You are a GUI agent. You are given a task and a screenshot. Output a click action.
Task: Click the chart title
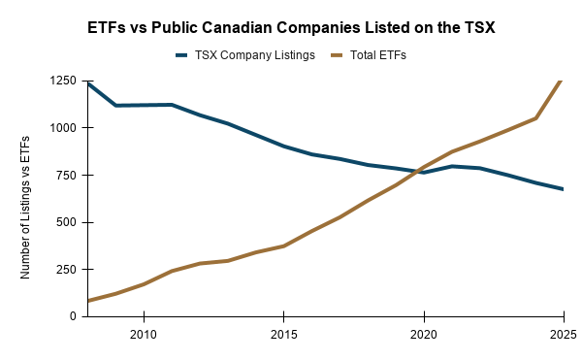291,28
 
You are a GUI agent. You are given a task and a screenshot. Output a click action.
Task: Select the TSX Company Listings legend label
255,55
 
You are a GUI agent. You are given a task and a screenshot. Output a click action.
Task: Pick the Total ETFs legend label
378,55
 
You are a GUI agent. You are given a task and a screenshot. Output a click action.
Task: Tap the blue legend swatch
181,55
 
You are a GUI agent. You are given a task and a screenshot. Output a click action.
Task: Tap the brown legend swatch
337,55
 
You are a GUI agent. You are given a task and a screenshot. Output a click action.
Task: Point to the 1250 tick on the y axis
62,81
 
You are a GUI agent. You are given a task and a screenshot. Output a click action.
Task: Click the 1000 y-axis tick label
62,128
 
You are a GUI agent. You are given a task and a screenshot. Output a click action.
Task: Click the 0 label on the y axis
73,316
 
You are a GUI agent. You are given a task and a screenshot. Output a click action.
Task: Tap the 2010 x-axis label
144,335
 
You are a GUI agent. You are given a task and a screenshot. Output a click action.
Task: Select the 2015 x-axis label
284,335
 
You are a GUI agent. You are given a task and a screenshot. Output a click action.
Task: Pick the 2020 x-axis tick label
424,335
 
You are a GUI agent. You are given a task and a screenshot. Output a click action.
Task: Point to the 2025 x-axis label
564,335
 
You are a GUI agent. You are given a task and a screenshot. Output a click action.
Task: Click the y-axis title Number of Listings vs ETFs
25,208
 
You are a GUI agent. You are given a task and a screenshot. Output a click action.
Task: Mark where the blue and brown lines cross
419,171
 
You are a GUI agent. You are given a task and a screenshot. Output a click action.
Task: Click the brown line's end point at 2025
563,81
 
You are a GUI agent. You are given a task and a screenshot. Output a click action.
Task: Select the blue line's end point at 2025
563,189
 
